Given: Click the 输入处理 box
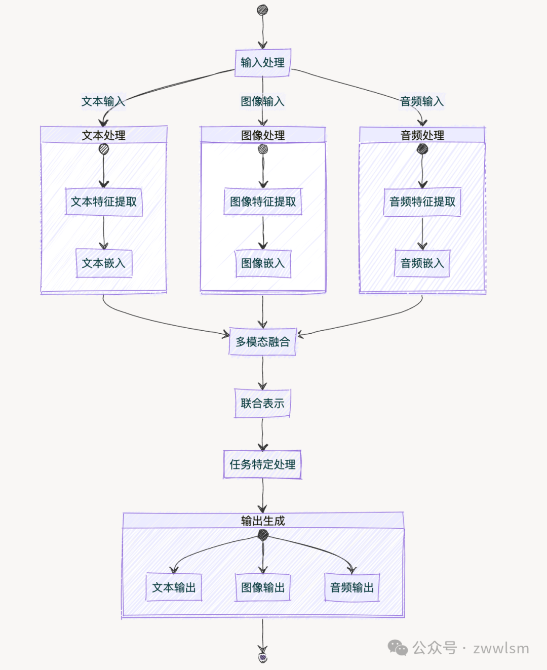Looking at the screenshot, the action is [262, 63].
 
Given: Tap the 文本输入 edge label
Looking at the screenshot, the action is [103, 102].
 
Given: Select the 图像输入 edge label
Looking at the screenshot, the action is [262, 102].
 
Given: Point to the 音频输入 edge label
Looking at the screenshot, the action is [422, 102].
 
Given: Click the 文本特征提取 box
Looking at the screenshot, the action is [104, 202].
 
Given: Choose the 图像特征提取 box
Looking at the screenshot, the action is [263, 202].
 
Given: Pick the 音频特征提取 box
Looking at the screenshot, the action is [422, 202].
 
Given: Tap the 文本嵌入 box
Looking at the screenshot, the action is [104, 263].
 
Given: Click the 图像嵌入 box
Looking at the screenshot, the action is [263, 263].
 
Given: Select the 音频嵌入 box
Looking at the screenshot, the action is [422, 263].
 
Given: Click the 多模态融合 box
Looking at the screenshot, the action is [262, 341].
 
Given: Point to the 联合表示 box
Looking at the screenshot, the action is [262, 404].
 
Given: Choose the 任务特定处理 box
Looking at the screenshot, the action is [262, 464].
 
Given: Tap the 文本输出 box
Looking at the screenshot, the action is [174, 587].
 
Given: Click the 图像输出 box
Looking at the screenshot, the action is [263, 587].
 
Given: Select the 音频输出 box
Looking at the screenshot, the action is [352, 587].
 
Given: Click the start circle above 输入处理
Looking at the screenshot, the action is [262, 10].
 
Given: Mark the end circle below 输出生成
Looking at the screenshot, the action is [263, 657].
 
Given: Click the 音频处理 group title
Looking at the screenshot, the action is [422, 136].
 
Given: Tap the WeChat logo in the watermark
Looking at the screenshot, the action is [398, 647].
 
